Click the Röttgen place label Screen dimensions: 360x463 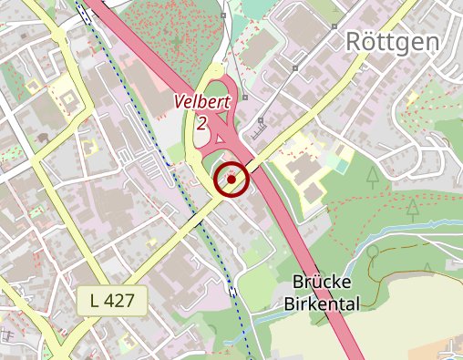[393, 41]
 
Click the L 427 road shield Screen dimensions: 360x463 [112, 300]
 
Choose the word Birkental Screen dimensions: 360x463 [321, 303]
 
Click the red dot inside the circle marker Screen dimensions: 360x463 [231, 180]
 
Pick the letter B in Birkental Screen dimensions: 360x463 [289, 303]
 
